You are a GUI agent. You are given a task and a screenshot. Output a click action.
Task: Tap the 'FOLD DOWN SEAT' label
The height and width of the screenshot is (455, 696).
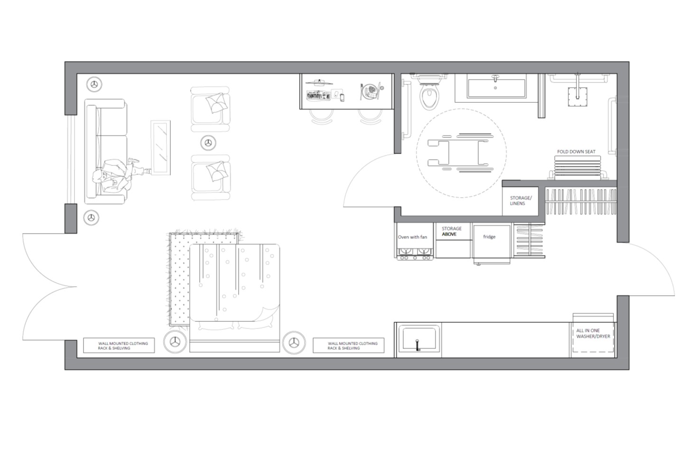[x=576, y=152]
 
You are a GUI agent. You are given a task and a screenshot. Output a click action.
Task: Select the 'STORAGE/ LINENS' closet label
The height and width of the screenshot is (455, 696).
[x=521, y=200]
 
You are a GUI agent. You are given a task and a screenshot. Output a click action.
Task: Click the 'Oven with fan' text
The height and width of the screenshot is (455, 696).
[x=412, y=237]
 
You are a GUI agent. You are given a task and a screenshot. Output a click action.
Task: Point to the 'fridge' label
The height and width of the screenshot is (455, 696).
[x=489, y=237]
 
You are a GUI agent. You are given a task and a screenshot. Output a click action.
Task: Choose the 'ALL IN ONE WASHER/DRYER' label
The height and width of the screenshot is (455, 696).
[x=593, y=333]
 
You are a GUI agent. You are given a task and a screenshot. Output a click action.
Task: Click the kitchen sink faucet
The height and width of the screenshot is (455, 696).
[x=418, y=345]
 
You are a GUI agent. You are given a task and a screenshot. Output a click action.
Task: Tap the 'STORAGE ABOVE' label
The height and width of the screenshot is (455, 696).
[x=452, y=231]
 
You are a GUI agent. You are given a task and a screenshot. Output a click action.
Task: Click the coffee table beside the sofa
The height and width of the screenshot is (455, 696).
[x=160, y=148]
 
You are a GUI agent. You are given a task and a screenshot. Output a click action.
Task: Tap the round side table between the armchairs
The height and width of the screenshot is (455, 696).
[x=208, y=143]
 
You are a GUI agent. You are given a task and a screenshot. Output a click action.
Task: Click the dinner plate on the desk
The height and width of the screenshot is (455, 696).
[x=371, y=91]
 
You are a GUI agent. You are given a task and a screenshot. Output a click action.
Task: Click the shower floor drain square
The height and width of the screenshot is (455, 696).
[x=577, y=97]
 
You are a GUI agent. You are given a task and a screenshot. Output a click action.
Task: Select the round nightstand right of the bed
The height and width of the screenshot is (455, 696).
[x=294, y=343]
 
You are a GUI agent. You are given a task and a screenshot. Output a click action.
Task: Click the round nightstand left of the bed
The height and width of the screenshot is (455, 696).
[x=175, y=342]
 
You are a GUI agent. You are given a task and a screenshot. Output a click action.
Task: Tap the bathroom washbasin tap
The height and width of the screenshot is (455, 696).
[x=495, y=77]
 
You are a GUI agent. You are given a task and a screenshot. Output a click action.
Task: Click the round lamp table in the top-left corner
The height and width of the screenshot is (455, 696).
[x=94, y=84]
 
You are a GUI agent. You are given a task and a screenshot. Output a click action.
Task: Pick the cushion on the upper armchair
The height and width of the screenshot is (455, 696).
[x=216, y=103]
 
